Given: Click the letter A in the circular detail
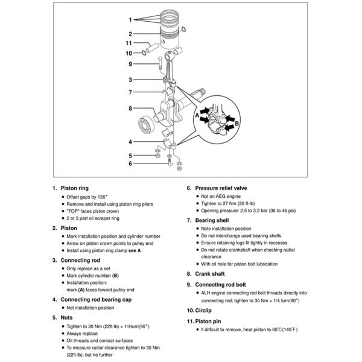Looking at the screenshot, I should tap(197, 114).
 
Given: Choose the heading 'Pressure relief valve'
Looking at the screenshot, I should tap(221, 188).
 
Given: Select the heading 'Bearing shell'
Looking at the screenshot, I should tap(212, 220).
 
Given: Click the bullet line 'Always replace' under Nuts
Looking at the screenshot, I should tap(84, 332).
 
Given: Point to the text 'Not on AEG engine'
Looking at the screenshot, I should tap(219, 197).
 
